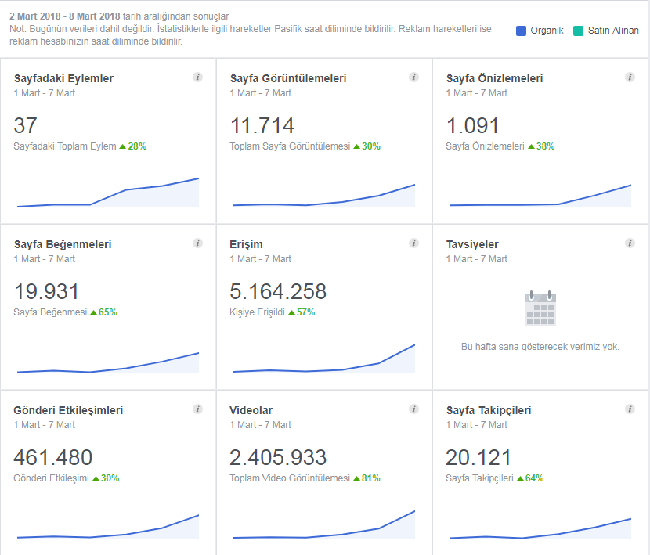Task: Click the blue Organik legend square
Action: pos(521,31)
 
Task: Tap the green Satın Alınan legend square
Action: pos(578,31)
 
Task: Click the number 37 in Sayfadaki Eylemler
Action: pos(25,125)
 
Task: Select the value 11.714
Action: pos(262,125)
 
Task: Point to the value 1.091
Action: pos(472,125)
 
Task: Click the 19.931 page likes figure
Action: pos(46,291)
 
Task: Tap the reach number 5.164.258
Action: pos(278,291)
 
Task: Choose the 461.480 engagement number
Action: pos(53,458)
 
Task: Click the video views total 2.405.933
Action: pos(278,458)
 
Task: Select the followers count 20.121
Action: pos(478,458)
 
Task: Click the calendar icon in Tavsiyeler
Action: pos(540,308)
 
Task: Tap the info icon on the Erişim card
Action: pos(413,243)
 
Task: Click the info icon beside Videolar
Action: pos(413,409)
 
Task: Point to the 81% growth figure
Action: pos(371,478)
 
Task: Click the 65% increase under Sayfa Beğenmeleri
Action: pos(108,312)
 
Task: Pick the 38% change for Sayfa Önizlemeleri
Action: pos(545,146)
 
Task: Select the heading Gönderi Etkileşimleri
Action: pos(68,410)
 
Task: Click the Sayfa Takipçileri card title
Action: pos(489,410)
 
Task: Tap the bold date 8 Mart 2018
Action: pos(95,16)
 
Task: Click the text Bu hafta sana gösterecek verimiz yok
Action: pos(540,347)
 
